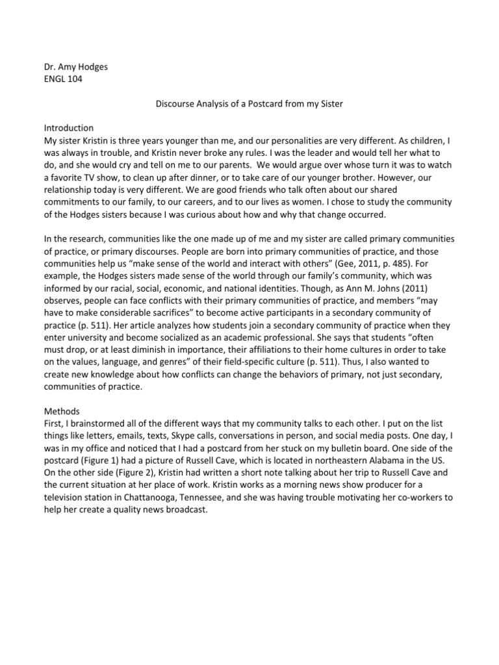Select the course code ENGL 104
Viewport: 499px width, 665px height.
click(63, 80)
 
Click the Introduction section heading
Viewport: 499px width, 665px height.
click(68, 127)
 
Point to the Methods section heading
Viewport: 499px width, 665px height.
click(61, 411)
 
